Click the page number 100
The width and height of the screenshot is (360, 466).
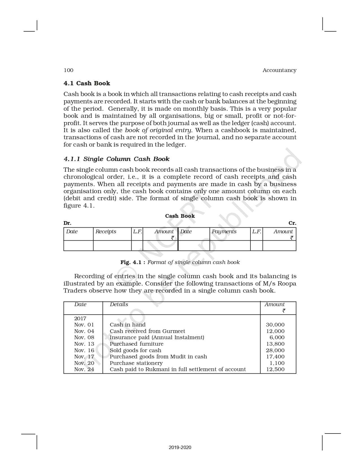(x=68, y=70)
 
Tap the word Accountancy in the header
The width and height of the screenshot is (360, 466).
(x=279, y=70)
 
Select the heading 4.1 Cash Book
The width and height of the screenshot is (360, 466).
(x=87, y=83)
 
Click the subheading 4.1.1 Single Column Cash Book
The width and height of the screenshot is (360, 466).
(x=116, y=159)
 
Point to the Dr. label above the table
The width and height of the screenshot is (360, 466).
(x=67, y=223)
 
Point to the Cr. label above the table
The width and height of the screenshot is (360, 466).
(x=292, y=223)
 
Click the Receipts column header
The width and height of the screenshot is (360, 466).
(x=106, y=232)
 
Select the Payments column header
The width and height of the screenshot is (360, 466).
(x=224, y=232)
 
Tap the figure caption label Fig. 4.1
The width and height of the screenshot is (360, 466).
(x=133, y=262)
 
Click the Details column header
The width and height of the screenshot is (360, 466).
(x=119, y=304)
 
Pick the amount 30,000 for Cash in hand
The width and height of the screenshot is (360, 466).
(x=275, y=325)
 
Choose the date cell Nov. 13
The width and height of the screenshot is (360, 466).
(x=84, y=344)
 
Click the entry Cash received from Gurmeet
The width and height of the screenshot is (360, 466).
(x=147, y=331)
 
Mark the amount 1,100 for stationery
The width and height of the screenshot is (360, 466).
(x=277, y=363)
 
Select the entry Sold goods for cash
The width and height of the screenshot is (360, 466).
(x=135, y=350)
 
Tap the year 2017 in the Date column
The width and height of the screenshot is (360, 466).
(x=80, y=318)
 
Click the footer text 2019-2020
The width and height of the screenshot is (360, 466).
(x=180, y=447)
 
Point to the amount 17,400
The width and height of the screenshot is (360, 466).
(x=275, y=357)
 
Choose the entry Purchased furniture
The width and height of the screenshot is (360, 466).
(x=136, y=344)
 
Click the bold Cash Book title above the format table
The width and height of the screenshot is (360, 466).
(x=180, y=216)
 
